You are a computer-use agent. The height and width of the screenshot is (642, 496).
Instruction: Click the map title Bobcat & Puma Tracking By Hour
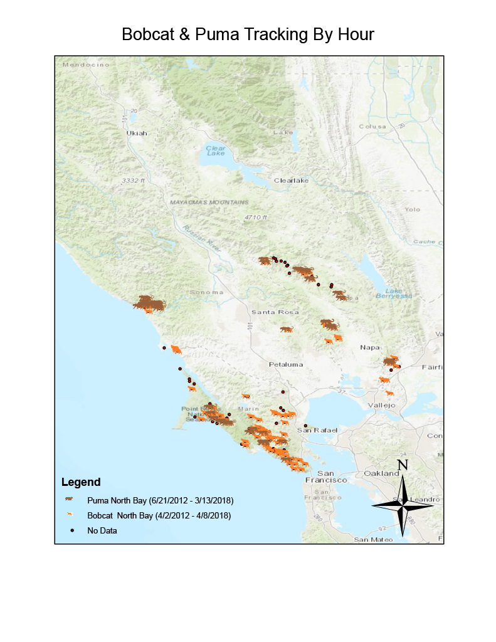point(248,34)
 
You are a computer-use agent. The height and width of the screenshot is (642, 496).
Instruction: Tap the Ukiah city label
point(137,133)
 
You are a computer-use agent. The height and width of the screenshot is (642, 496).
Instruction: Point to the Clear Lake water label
point(216,150)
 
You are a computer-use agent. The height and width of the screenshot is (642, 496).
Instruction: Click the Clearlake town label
point(292,181)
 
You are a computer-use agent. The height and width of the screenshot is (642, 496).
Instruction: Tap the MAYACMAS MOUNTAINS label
point(209,203)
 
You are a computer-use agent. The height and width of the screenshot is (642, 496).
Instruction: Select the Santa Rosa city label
point(275,312)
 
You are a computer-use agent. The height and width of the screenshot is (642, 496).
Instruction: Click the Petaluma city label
point(286,364)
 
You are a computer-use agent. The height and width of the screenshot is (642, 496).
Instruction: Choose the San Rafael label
point(317,430)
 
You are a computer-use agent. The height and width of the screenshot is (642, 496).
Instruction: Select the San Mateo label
point(372,539)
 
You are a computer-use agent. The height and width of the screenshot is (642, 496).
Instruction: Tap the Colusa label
point(372,126)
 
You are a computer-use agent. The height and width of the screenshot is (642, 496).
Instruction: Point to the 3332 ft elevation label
point(134,181)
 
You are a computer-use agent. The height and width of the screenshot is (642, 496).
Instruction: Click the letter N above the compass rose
point(403,465)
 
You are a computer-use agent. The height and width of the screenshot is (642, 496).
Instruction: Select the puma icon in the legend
point(70,500)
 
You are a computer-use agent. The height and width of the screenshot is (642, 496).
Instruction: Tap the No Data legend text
point(102,530)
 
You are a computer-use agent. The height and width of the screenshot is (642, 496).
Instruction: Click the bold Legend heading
point(80,483)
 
